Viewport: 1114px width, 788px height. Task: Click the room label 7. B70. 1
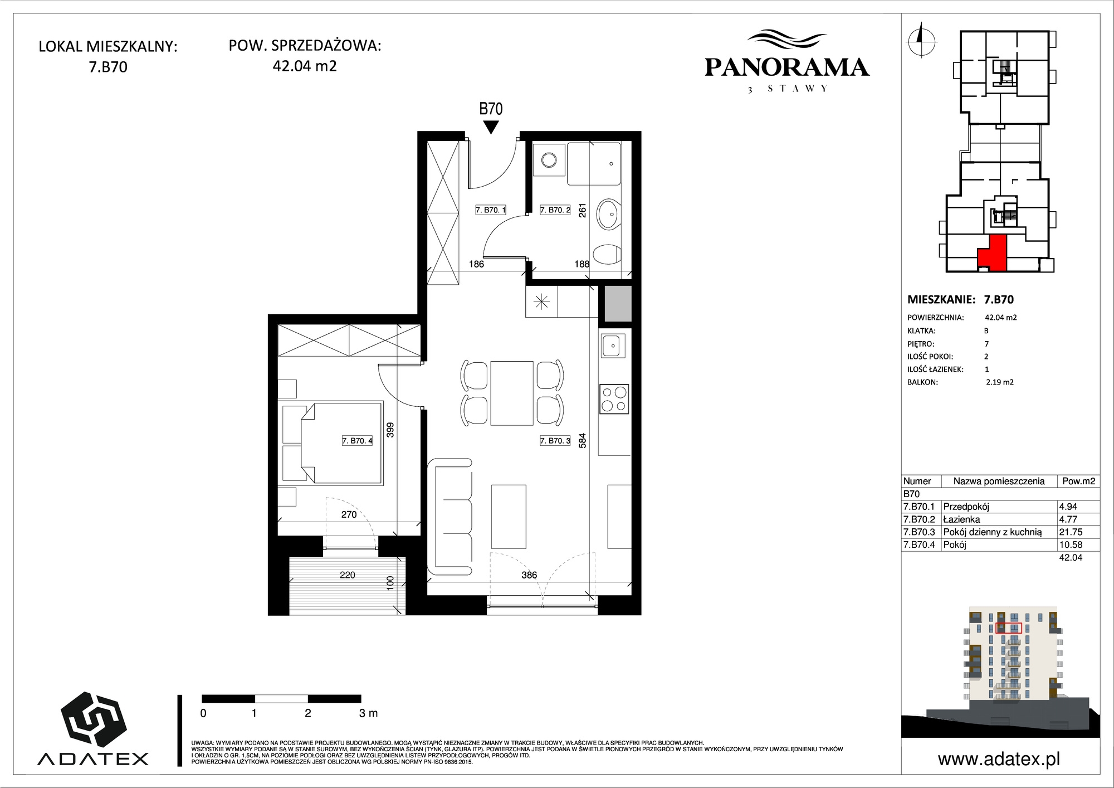click(491, 210)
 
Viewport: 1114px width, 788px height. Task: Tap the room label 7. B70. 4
click(357, 441)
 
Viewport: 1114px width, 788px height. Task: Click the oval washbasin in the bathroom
click(609, 214)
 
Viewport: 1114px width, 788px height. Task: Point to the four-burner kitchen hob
click(614, 399)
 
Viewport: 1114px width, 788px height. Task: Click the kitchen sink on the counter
click(613, 346)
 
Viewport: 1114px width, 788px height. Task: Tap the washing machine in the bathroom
click(549, 160)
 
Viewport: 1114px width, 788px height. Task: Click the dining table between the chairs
click(512, 393)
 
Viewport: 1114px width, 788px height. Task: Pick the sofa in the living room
click(450, 517)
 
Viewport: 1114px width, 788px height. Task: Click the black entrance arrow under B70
click(490, 128)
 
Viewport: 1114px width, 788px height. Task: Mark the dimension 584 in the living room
click(582, 441)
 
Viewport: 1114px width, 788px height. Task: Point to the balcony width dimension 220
click(347, 575)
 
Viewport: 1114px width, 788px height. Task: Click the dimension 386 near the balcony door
click(529, 575)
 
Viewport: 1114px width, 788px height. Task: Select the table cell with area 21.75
click(1079, 532)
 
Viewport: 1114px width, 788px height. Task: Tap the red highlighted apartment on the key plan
click(993, 252)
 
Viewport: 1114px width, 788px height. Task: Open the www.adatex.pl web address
click(999, 759)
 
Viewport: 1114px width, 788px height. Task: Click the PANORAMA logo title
click(787, 67)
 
